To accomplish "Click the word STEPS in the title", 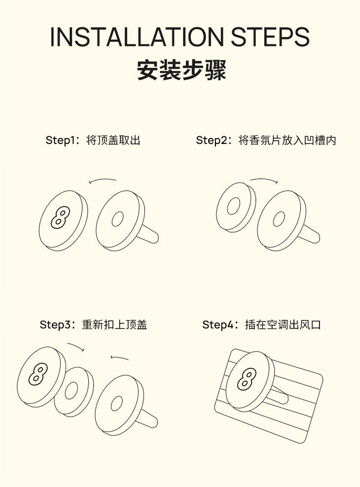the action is pos(270,36).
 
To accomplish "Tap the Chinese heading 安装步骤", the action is pos(181,70).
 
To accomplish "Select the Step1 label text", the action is pos(93,140).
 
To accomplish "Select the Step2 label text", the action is pos(266,140).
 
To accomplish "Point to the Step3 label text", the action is pos(93,324).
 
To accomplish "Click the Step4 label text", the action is pos(261,324).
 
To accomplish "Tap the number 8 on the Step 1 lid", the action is pos(60,218).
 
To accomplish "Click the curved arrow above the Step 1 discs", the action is pos(102,179).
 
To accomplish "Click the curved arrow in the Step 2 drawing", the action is pos(264,179).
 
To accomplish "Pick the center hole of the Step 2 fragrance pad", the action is pos(234,206).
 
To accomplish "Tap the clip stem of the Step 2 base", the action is pos(309,235).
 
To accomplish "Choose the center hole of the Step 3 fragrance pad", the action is pos(71,391).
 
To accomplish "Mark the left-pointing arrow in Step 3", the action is pos(119,357).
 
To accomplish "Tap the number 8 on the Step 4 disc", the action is pos(247,379).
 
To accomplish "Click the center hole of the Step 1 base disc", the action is pos(117,219).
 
